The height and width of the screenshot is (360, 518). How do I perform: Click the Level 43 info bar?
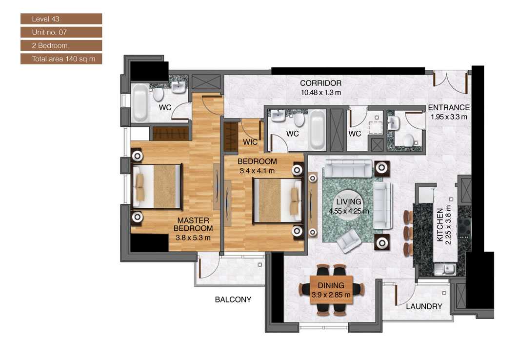(x=61, y=19)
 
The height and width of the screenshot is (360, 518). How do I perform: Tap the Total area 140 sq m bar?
(x=61, y=59)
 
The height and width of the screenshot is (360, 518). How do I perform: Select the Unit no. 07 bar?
(x=61, y=32)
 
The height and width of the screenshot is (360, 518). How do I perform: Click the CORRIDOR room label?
(x=320, y=83)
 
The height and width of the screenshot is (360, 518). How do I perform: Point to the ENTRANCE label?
(x=448, y=108)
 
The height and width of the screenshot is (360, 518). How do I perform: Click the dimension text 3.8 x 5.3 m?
(x=193, y=238)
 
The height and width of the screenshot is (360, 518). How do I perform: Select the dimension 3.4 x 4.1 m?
(x=257, y=171)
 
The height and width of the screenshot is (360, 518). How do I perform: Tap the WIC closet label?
(x=250, y=142)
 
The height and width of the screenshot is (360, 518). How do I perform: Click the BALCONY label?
(x=233, y=300)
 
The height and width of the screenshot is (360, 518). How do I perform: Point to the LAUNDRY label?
(x=424, y=307)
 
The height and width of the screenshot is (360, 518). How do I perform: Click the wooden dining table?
(x=331, y=290)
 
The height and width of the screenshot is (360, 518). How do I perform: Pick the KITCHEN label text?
(x=440, y=225)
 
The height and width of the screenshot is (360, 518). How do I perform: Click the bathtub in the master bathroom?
(x=140, y=102)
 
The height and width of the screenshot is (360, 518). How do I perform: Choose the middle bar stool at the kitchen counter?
(x=408, y=231)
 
